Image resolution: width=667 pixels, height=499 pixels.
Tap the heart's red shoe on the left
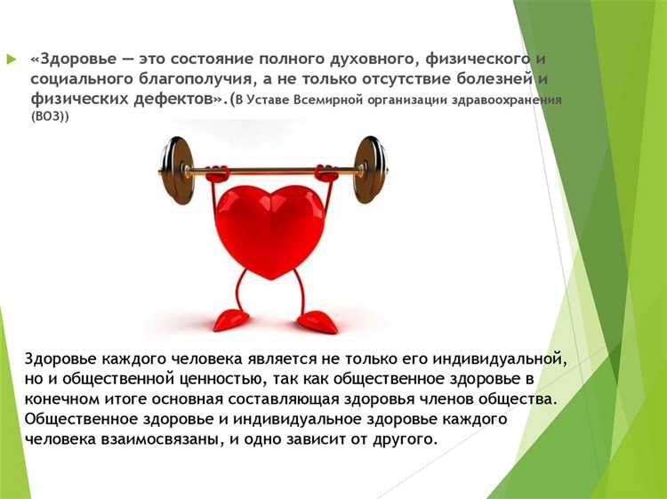coord(231,318)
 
